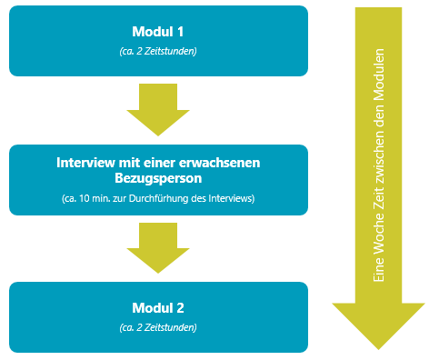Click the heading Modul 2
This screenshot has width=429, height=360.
click(158, 307)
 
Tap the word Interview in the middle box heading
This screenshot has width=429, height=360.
click(90, 163)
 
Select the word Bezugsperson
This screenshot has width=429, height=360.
click(158, 179)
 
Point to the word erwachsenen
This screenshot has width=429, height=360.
click(222, 163)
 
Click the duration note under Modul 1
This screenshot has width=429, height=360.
click(158, 51)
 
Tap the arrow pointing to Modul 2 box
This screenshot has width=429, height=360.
click(158, 247)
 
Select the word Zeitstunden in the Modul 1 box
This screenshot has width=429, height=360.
click(174, 51)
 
